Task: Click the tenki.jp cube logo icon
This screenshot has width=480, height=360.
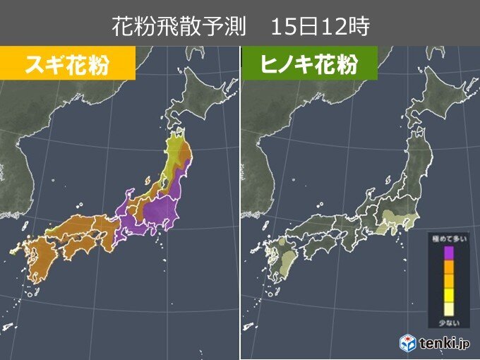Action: (x=409, y=343)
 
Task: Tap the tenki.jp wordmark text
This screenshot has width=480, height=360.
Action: (x=443, y=344)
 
